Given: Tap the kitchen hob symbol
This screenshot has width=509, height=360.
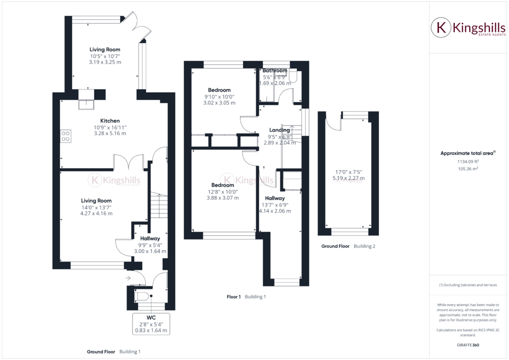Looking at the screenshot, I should [x=65, y=136].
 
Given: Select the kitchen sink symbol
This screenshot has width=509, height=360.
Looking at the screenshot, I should [x=86, y=104].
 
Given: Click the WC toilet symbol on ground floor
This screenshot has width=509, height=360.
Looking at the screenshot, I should [x=142, y=296].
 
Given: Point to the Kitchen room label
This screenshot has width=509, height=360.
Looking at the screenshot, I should [x=110, y=121].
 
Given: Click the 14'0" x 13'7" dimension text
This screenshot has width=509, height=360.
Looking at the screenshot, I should [x=97, y=207].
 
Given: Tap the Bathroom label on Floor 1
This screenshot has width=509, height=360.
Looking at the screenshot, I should [x=275, y=70].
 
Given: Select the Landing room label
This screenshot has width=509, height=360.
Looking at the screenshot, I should [x=279, y=130].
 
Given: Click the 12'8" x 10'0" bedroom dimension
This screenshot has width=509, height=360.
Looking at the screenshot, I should [x=222, y=191].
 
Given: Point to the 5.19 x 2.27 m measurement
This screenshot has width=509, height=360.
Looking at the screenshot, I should [x=348, y=178].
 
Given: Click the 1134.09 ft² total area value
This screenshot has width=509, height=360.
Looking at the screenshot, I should [x=468, y=161].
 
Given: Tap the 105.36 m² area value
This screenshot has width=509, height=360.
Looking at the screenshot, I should [x=468, y=169].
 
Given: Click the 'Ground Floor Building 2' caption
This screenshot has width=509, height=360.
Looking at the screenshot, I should [x=348, y=246].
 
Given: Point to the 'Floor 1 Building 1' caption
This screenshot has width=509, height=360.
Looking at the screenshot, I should [x=246, y=296].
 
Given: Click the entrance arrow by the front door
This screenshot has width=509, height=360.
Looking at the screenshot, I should [x=128, y=277].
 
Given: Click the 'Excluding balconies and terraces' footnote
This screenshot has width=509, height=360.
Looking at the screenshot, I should [x=468, y=284].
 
